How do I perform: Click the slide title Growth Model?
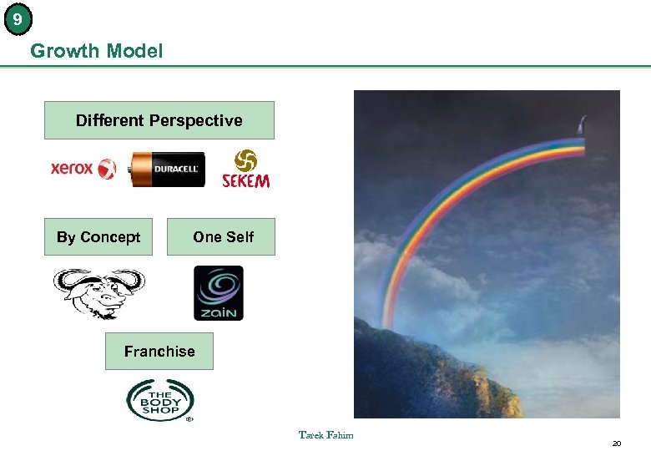[x=96, y=51]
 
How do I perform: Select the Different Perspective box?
[x=159, y=120]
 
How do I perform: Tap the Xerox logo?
[x=83, y=169]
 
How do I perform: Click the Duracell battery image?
[x=166, y=169]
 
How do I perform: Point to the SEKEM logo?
[x=246, y=169]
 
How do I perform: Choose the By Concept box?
[x=98, y=237]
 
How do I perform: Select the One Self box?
[x=222, y=237]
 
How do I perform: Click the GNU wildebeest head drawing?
[x=98, y=292]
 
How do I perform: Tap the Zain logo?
[x=219, y=293]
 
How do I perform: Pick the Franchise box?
[x=159, y=352]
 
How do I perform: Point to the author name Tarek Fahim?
[x=326, y=434]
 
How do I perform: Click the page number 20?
[x=617, y=443]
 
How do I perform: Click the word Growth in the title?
[x=63, y=51]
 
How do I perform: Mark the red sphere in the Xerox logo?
[x=107, y=169]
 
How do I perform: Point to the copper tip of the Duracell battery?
[x=135, y=170]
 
